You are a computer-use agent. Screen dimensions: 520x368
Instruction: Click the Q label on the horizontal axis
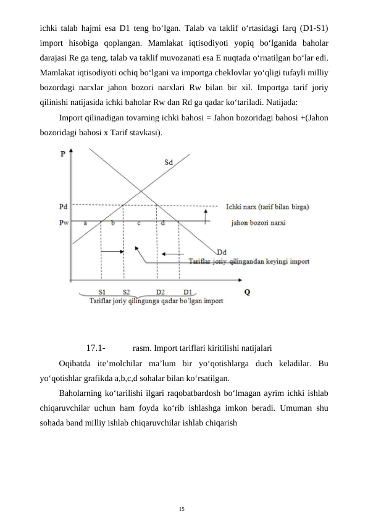[x=248, y=292]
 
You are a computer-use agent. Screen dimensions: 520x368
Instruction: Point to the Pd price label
[x=64, y=206]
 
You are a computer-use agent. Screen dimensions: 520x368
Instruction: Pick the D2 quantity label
[x=160, y=292]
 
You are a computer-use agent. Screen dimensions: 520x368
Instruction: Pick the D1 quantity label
[x=186, y=292]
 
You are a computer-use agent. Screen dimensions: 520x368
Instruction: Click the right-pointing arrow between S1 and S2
[x=113, y=251]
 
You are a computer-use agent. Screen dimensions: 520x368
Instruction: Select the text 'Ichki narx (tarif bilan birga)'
[x=268, y=206]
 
